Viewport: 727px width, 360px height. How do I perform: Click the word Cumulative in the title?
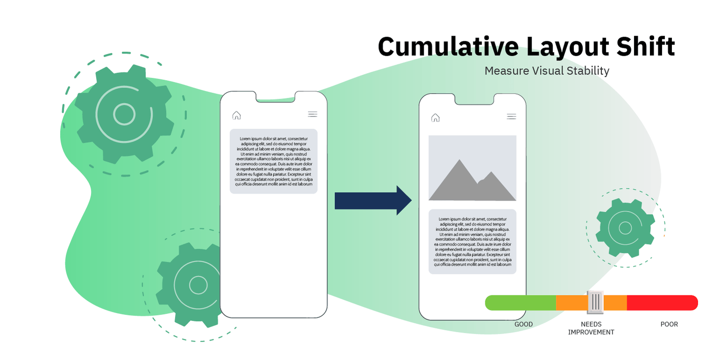448,46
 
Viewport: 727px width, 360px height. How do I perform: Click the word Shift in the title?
646,46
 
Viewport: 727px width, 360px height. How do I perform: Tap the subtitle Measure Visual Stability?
547,71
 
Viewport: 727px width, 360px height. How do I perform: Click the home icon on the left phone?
236,115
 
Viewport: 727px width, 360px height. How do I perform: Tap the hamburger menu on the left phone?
313,114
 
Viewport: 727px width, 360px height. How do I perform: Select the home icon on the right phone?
435,118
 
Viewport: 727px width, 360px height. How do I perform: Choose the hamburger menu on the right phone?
512,116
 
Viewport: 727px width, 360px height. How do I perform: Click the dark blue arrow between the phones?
373,201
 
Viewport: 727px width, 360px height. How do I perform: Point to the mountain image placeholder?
472,168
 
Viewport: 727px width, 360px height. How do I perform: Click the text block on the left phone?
274,161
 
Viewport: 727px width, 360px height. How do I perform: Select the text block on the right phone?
472,242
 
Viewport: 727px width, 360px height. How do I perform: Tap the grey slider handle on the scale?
595,302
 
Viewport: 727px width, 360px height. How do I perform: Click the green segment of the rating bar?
520,303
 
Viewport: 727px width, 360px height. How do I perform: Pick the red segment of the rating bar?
663,303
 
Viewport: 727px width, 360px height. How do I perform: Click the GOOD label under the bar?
523,324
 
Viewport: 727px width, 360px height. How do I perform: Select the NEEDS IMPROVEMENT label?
591,328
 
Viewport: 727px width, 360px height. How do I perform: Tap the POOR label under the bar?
669,324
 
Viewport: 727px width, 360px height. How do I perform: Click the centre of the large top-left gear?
124,115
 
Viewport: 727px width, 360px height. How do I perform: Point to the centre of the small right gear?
626,228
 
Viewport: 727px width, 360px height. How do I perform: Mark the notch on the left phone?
275,97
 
